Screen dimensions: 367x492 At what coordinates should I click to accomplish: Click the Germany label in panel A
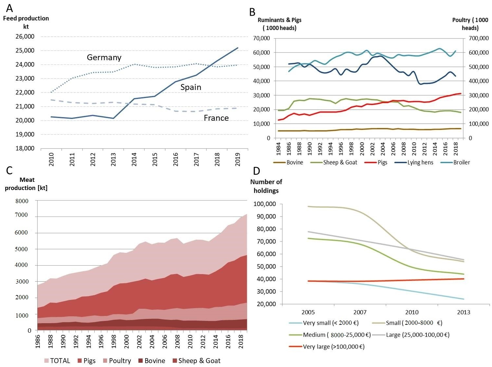tap(104, 58)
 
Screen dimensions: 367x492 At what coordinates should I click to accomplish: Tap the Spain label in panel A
tap(191, 87)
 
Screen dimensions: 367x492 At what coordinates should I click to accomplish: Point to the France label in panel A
tap(216, 118)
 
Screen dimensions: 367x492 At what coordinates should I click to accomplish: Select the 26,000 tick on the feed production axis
tap(25, 37)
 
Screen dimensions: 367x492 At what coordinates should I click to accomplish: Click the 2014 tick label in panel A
tap(134, 159)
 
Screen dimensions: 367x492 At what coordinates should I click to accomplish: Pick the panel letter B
tap(252, 12)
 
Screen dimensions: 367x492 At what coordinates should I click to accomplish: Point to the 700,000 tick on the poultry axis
tap(479, 39)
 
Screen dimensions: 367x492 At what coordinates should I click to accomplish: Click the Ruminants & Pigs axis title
tap(279, 24)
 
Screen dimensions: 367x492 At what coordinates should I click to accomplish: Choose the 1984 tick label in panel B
tap(278, 149)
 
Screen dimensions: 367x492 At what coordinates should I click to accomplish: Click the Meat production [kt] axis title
tap(26, 184)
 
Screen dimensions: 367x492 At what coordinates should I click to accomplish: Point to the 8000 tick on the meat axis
tap(22, 201)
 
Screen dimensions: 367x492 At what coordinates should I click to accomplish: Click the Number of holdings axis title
tap(266, 186)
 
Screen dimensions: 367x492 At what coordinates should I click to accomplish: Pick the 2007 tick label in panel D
tap(360, 312)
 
